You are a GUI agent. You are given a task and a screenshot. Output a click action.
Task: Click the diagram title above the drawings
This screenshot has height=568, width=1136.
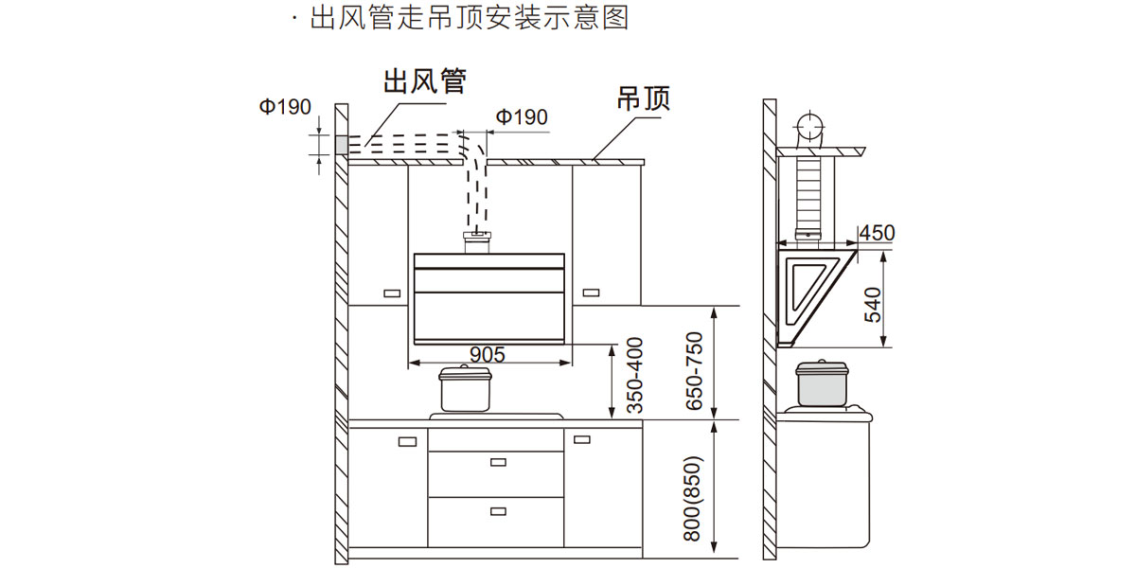point(470,18)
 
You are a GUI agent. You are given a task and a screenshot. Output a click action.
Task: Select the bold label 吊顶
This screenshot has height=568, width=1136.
point(643,98)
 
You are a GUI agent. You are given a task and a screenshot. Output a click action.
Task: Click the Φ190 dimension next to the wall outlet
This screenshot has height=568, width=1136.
point(285,107)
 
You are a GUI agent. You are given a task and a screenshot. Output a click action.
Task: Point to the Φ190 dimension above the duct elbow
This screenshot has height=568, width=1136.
point(522,116)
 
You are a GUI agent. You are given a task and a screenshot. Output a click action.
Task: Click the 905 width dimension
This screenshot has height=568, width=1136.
point(488,354)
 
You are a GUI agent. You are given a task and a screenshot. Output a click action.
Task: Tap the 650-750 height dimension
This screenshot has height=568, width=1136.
point(696,370)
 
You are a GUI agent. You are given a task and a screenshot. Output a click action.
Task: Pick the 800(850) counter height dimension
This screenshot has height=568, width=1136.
point(696,499)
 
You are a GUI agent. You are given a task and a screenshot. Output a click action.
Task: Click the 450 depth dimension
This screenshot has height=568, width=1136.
point(877,233)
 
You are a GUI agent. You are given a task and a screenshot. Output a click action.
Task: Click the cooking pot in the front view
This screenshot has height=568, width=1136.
point(466,388)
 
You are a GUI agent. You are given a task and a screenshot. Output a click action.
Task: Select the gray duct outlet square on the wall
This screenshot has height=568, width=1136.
point(342,145)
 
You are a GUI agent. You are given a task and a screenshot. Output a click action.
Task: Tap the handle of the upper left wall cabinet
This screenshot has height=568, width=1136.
point(390,293)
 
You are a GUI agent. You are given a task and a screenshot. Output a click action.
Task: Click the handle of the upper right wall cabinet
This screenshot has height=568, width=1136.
point(593,292)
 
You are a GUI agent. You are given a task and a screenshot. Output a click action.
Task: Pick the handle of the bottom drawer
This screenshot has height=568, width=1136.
point(498,511)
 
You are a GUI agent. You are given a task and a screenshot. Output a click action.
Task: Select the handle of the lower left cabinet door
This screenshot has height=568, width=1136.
point(407,441)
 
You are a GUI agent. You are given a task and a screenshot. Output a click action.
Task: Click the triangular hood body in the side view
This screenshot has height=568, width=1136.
point(809,289)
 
